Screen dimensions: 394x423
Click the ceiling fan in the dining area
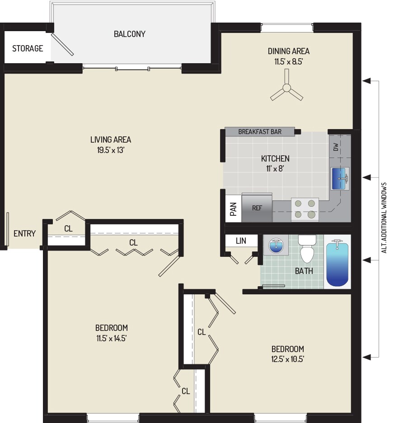(286, 88)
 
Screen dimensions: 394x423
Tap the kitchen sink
(340, 179)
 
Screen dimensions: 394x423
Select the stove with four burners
(305, 209)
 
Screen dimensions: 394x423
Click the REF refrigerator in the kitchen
(257, 208)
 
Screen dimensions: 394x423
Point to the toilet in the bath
(307, 248)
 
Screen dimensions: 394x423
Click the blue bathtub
(337, 263)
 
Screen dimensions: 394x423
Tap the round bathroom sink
(276, 246)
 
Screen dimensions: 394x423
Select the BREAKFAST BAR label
(260, 132)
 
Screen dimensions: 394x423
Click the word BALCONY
(130, 34)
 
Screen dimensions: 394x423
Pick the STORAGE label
(28, 49)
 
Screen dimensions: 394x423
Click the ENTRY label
(24, 233)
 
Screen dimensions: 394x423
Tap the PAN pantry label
(233, 209)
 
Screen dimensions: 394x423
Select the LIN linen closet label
(241, 241)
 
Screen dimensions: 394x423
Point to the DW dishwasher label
(336, 147)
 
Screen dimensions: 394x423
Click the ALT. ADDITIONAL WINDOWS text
(384, 218)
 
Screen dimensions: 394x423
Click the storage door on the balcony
(62, 44)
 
